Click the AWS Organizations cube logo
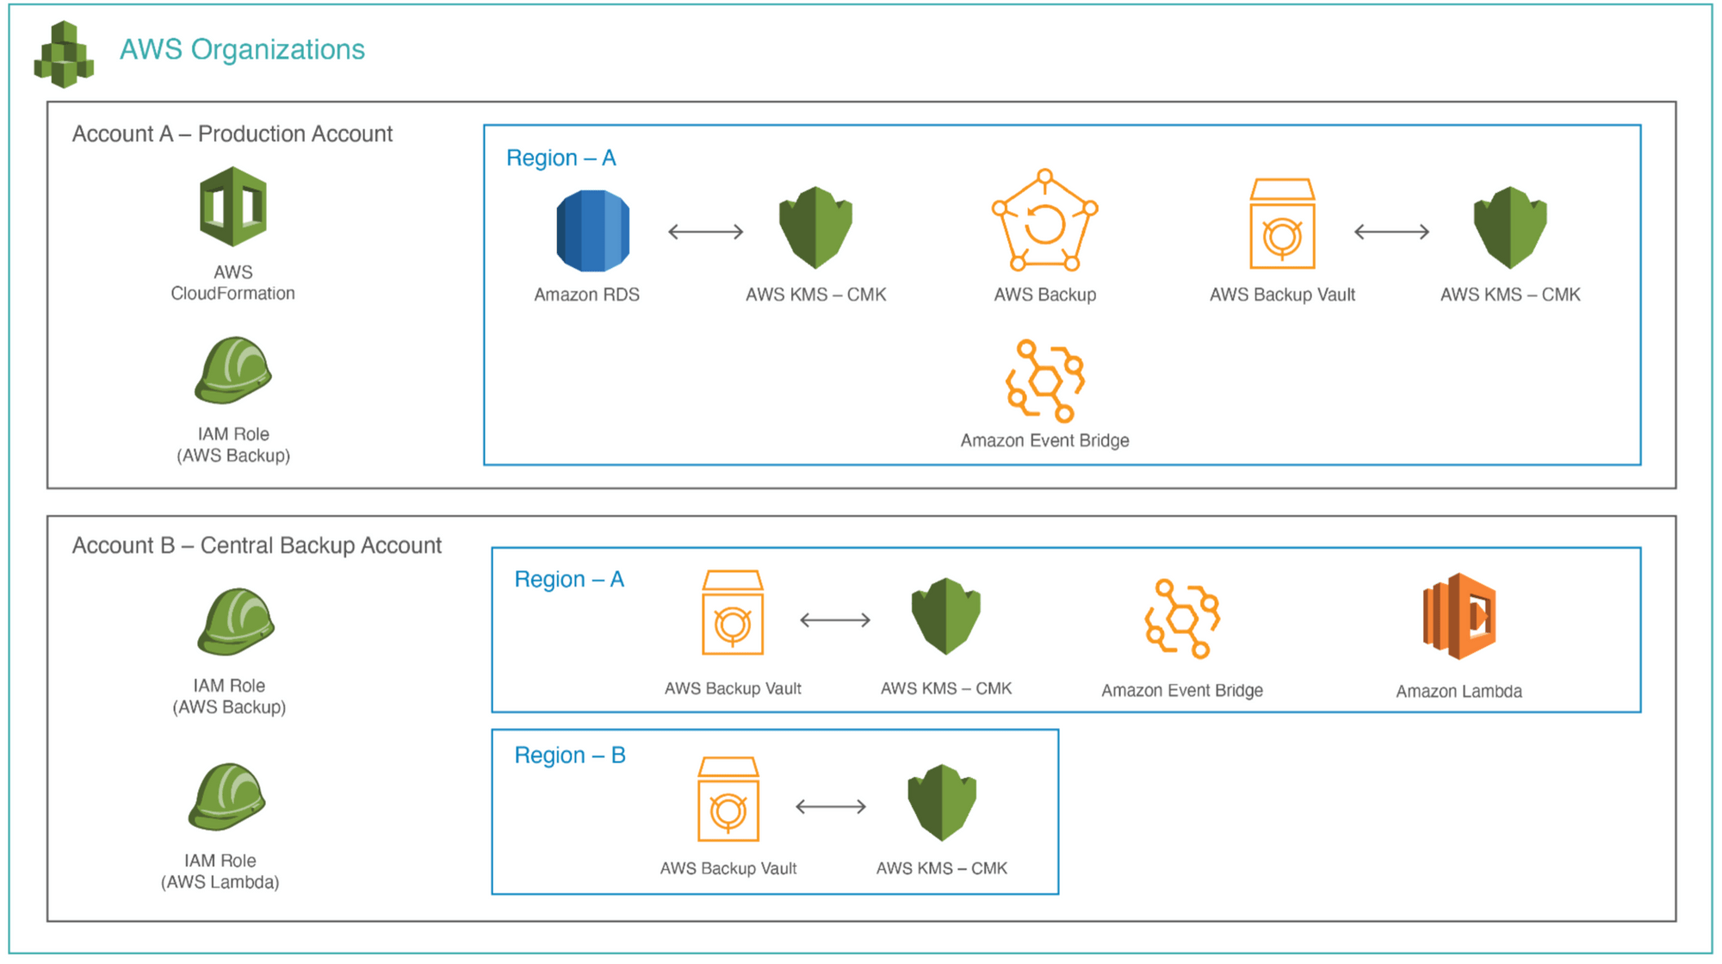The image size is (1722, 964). [64, 55]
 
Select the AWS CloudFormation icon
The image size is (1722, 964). [232, 207]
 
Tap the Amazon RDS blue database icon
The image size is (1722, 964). [592, 230]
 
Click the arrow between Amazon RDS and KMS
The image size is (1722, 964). [706, 231]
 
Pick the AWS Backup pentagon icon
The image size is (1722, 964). [1044, 221]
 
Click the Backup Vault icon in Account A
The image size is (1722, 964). [1282, 225]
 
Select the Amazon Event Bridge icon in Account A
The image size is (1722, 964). [1045, 381]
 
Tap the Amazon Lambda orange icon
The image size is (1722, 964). [1459, 617]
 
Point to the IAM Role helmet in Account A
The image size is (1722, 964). [232, 370]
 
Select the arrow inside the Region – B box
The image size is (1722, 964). [831, 806]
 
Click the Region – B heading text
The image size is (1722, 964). [569, 756]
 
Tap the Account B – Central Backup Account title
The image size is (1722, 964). [257, 545]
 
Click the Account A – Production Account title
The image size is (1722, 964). [232, 134]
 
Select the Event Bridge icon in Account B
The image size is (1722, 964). [1182, 619]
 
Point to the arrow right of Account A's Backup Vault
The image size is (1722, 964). [1391, 231]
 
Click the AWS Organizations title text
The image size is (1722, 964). [242, 49]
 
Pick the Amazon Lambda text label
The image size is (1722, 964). [1459, 691]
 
